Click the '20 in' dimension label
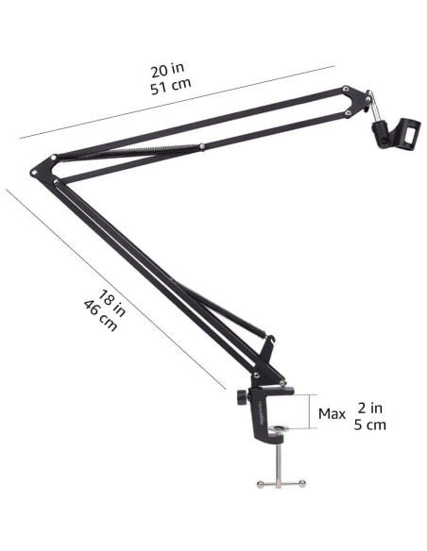(167, 70)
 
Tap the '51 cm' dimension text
(171, 86)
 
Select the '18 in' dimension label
(111, 303)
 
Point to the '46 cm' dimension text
(100, 315)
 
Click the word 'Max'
(332, 414)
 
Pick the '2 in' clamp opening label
(370, 408)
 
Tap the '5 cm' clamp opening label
(370, 425)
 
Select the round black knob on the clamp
(242, 397)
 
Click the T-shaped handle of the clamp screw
(281, 483)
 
